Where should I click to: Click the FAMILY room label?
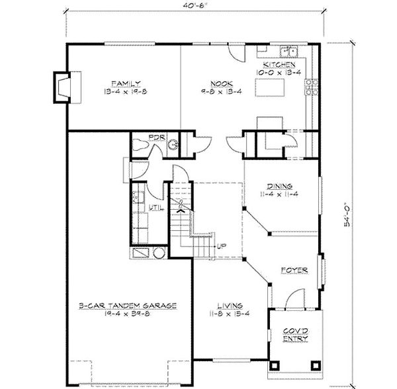[124, 83]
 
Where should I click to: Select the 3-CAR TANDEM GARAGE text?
[127, 306]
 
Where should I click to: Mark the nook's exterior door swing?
[236, 53]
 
